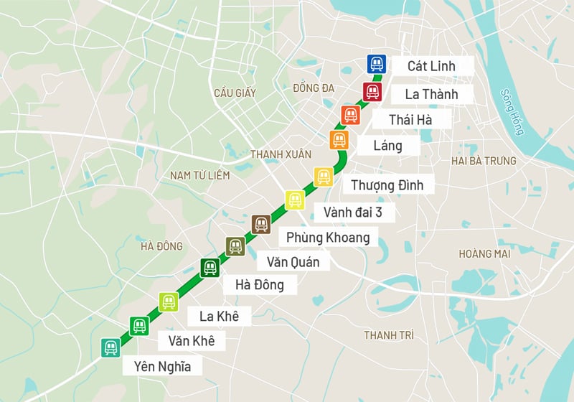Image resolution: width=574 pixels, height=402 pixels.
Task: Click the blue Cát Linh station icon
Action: [x=377, y=65]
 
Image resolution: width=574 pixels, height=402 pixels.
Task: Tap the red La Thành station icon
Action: [x=372, y=92]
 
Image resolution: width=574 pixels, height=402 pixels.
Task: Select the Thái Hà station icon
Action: [x=351, y=115]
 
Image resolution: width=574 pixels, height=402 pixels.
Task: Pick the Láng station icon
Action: [x=339, y=140]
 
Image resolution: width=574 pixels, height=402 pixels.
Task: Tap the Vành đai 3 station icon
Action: [x=294, y=200]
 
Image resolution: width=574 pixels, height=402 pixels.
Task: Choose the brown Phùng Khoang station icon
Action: [x=261, y=224]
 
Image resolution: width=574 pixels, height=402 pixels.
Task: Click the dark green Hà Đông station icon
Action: [x=210, y=268]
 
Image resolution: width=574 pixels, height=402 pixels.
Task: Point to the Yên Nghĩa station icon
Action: [x=110, y=347]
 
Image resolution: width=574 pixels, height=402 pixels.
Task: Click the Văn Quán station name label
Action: [x=293, y=261]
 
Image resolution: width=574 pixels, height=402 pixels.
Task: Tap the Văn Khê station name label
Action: [x=191, y=340]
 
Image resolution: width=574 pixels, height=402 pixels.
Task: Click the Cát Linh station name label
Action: [x=431, y=66]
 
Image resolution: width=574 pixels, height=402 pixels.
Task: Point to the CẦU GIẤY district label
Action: [x=235, y=93]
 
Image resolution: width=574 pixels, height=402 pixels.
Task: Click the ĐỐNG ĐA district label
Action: [x=314, y=88]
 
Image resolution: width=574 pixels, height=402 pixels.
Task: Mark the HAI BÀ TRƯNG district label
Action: [x=484, y=161]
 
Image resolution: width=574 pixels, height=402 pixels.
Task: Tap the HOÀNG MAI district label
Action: [x=485, y=253]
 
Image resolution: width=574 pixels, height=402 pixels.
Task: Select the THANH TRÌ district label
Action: [x=389, y=335]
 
